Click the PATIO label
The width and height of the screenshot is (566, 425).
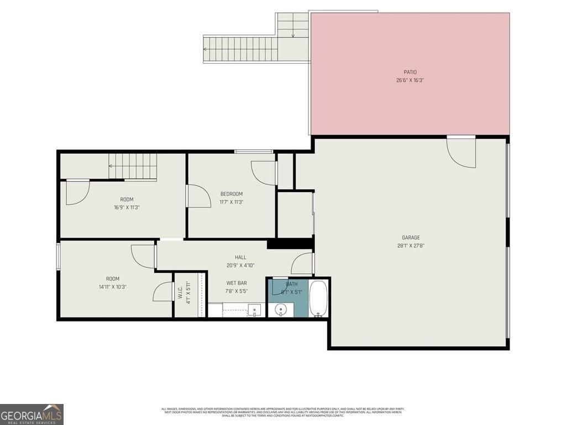pos(410,72)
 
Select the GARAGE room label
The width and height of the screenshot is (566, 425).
pos(411,238)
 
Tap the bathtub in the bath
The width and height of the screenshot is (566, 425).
pos(318,299)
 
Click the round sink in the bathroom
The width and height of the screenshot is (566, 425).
pos(280,310)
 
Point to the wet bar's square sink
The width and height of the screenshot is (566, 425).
pos(255,310)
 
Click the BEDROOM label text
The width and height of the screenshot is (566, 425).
pos(232,194)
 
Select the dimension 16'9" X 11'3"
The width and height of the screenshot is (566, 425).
pos(127,208)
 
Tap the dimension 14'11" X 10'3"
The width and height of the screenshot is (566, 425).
pos(113,287)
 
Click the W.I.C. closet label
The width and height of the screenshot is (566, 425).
pos(181,293)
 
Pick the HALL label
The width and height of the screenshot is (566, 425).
pos(240,257)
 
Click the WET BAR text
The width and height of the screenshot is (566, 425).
pos(236,283)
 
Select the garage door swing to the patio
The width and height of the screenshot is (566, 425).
pos(460,152)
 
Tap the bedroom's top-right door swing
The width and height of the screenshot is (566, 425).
pos(264,172)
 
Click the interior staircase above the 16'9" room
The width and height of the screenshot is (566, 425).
pos(133,166)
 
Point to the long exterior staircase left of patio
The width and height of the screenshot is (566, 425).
pos(240,49)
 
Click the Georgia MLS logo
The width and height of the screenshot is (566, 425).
pos(32,414)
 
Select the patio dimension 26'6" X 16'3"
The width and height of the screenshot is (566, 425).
pos(410,80)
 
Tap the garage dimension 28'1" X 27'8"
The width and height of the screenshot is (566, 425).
pos(411,246)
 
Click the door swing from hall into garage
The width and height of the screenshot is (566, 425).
pos(303,264)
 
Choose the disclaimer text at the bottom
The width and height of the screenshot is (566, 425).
pos(282,412)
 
